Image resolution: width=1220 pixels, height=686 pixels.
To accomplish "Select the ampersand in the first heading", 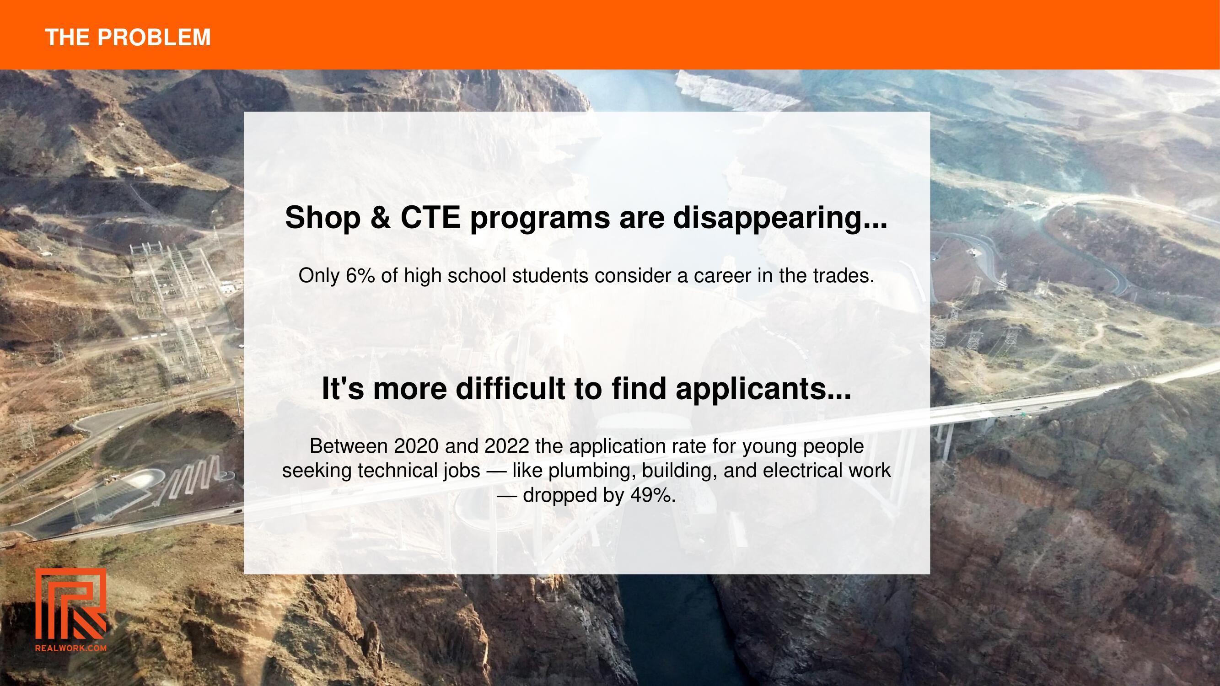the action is tap(381, 218).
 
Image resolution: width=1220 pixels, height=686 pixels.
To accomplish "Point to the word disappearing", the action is tap(780, 219).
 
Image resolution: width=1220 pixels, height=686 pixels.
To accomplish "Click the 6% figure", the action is tap(360, 275).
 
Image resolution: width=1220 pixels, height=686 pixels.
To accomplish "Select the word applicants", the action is tap(763, 390).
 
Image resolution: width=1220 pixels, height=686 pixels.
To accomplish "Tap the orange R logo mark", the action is tap(70, 604).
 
